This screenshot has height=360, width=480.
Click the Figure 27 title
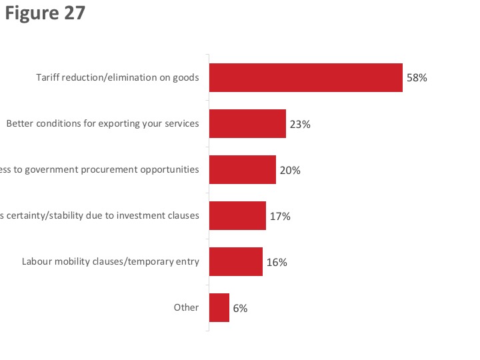click(45, 13)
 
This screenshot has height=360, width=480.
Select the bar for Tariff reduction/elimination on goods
click(305, 77)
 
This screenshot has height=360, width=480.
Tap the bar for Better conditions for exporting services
click(247, 123)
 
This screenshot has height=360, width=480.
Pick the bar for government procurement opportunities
click(242, 169)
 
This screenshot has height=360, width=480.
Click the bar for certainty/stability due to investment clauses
click(237, 215)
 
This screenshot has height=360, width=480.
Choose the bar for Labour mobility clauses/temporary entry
click(235, 261)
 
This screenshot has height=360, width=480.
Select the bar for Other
click(219, 307)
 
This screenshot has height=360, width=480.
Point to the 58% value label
click(416, 78)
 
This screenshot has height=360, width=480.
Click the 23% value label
click(300, 124)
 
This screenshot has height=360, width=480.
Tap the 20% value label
click(290, 170)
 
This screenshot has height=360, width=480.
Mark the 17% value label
click(280, 216)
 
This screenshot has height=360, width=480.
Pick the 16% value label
click(277, 262)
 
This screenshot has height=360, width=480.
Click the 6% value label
click(240, 308)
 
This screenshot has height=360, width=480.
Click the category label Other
click(186, 307)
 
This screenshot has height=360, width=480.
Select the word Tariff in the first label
click(48, 77)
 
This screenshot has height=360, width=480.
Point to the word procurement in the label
click(109, 169)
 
